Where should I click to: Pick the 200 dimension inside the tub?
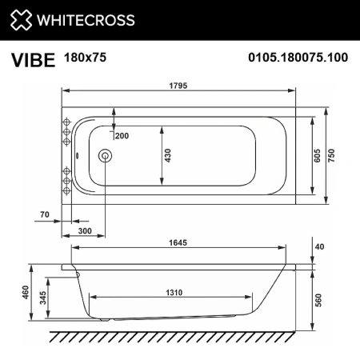point(122,136)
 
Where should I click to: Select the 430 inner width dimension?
point(168,154)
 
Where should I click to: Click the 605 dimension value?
point(316,155)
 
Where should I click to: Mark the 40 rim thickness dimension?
point(320,246)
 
